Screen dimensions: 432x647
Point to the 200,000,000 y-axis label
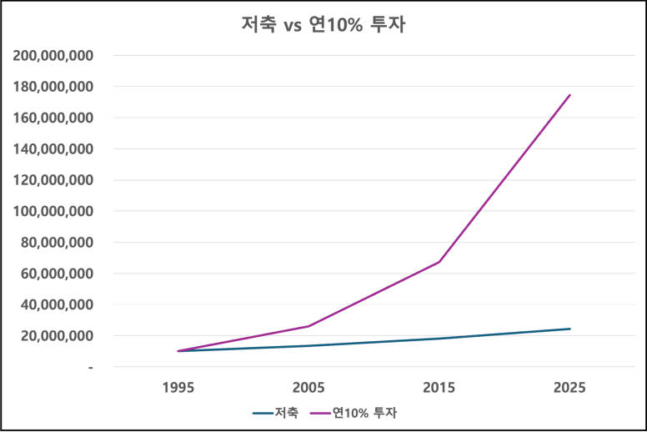click(53, 56)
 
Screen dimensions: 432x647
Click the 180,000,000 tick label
click(53, 87)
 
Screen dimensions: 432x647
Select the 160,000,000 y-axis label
click(53, 118)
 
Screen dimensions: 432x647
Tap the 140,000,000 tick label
click(53, 149)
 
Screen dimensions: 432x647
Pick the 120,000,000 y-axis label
click(53, 180)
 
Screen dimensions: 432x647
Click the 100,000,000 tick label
click(53, 212)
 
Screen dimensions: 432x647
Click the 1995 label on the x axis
click(178, 388)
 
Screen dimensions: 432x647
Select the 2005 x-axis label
click(308, 388)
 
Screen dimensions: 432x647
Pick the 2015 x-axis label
click(439, 388)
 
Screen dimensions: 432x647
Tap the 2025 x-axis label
click(570, 388)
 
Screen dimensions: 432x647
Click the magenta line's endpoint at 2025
click(570, 94)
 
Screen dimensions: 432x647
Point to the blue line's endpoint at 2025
click(570, 328)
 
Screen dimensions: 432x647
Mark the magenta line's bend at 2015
click(439, 262)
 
